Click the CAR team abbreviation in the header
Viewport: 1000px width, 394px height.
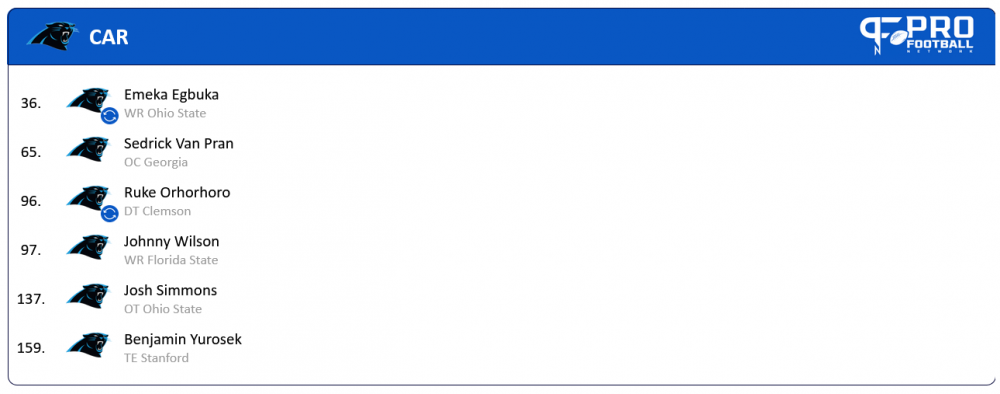pyautogui.click(x=108, y=38)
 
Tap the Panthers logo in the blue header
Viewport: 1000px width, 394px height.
pyautogui.click(x=52, y=36)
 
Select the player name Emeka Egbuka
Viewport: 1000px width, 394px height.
pyautogui.click(x=171, y=94)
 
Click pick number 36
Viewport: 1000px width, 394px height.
pyautogui.click(x=30, y=103)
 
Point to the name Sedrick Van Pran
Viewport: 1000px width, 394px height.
pyautogui.click(x=178, y=143)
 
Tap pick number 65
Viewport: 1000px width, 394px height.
pyautogui.click(x=30, y=152)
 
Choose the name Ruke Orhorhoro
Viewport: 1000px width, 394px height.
pyautogui.click(x=177, y=192)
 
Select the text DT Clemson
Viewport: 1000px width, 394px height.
pyautogui.click(x=157, y=211)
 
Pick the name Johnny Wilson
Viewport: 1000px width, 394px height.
pyautogui.click(x=171, y=241)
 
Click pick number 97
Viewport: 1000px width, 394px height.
pyautogui.click(x=30, y=250)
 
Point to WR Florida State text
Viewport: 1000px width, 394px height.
pyautogui.click(x=170, y=260)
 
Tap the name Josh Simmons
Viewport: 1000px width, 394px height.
pyautogui.click(x=170, y=290)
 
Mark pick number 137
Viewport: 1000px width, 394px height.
pyautogui.click(x=30, y=299)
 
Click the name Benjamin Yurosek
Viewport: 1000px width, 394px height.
pyautogui.click(x=182, y=339)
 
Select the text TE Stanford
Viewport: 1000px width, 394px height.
pyautogui.click(x=156, y=358)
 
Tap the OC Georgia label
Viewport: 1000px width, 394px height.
pyautogui.click(x=155, y=162)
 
